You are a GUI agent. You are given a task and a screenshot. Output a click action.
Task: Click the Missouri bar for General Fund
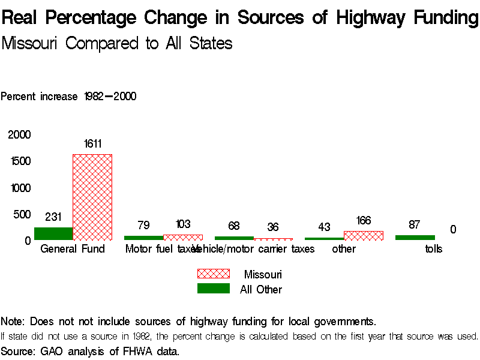(x=92, y=197)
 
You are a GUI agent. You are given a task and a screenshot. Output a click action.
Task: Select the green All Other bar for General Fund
(x=53, y=233)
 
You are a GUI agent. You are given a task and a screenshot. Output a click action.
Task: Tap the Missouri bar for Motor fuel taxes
(x=183, y=237)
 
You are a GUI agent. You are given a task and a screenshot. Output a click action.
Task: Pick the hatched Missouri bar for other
(x=364, y=235)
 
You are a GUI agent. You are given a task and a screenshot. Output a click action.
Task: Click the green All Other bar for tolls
(x=415, y=238)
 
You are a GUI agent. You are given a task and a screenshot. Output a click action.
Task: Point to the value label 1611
(x=92, y=143)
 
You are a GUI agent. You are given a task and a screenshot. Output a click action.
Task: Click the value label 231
(x=53, y=217)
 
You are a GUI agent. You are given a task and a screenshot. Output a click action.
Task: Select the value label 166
(x=364, y=221)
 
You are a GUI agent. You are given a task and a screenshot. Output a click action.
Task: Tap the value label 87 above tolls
(x=415, y=225)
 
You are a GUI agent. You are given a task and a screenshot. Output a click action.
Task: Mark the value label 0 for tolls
(x=453, y=229)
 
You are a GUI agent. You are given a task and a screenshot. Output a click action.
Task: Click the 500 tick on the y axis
(x=22, y=214)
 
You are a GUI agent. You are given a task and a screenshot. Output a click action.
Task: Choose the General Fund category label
(x=73, y=249)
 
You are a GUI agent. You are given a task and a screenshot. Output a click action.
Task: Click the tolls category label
(x=433, y=249)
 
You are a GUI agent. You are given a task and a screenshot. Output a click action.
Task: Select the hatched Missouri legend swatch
(x=214, y=274)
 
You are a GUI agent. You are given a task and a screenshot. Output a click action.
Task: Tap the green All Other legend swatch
(x=214, y=289)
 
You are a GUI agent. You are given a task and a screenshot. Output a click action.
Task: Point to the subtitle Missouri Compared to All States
(x=117, y=43)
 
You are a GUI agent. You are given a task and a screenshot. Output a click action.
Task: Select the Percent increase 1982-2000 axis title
(x=68, y=97)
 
